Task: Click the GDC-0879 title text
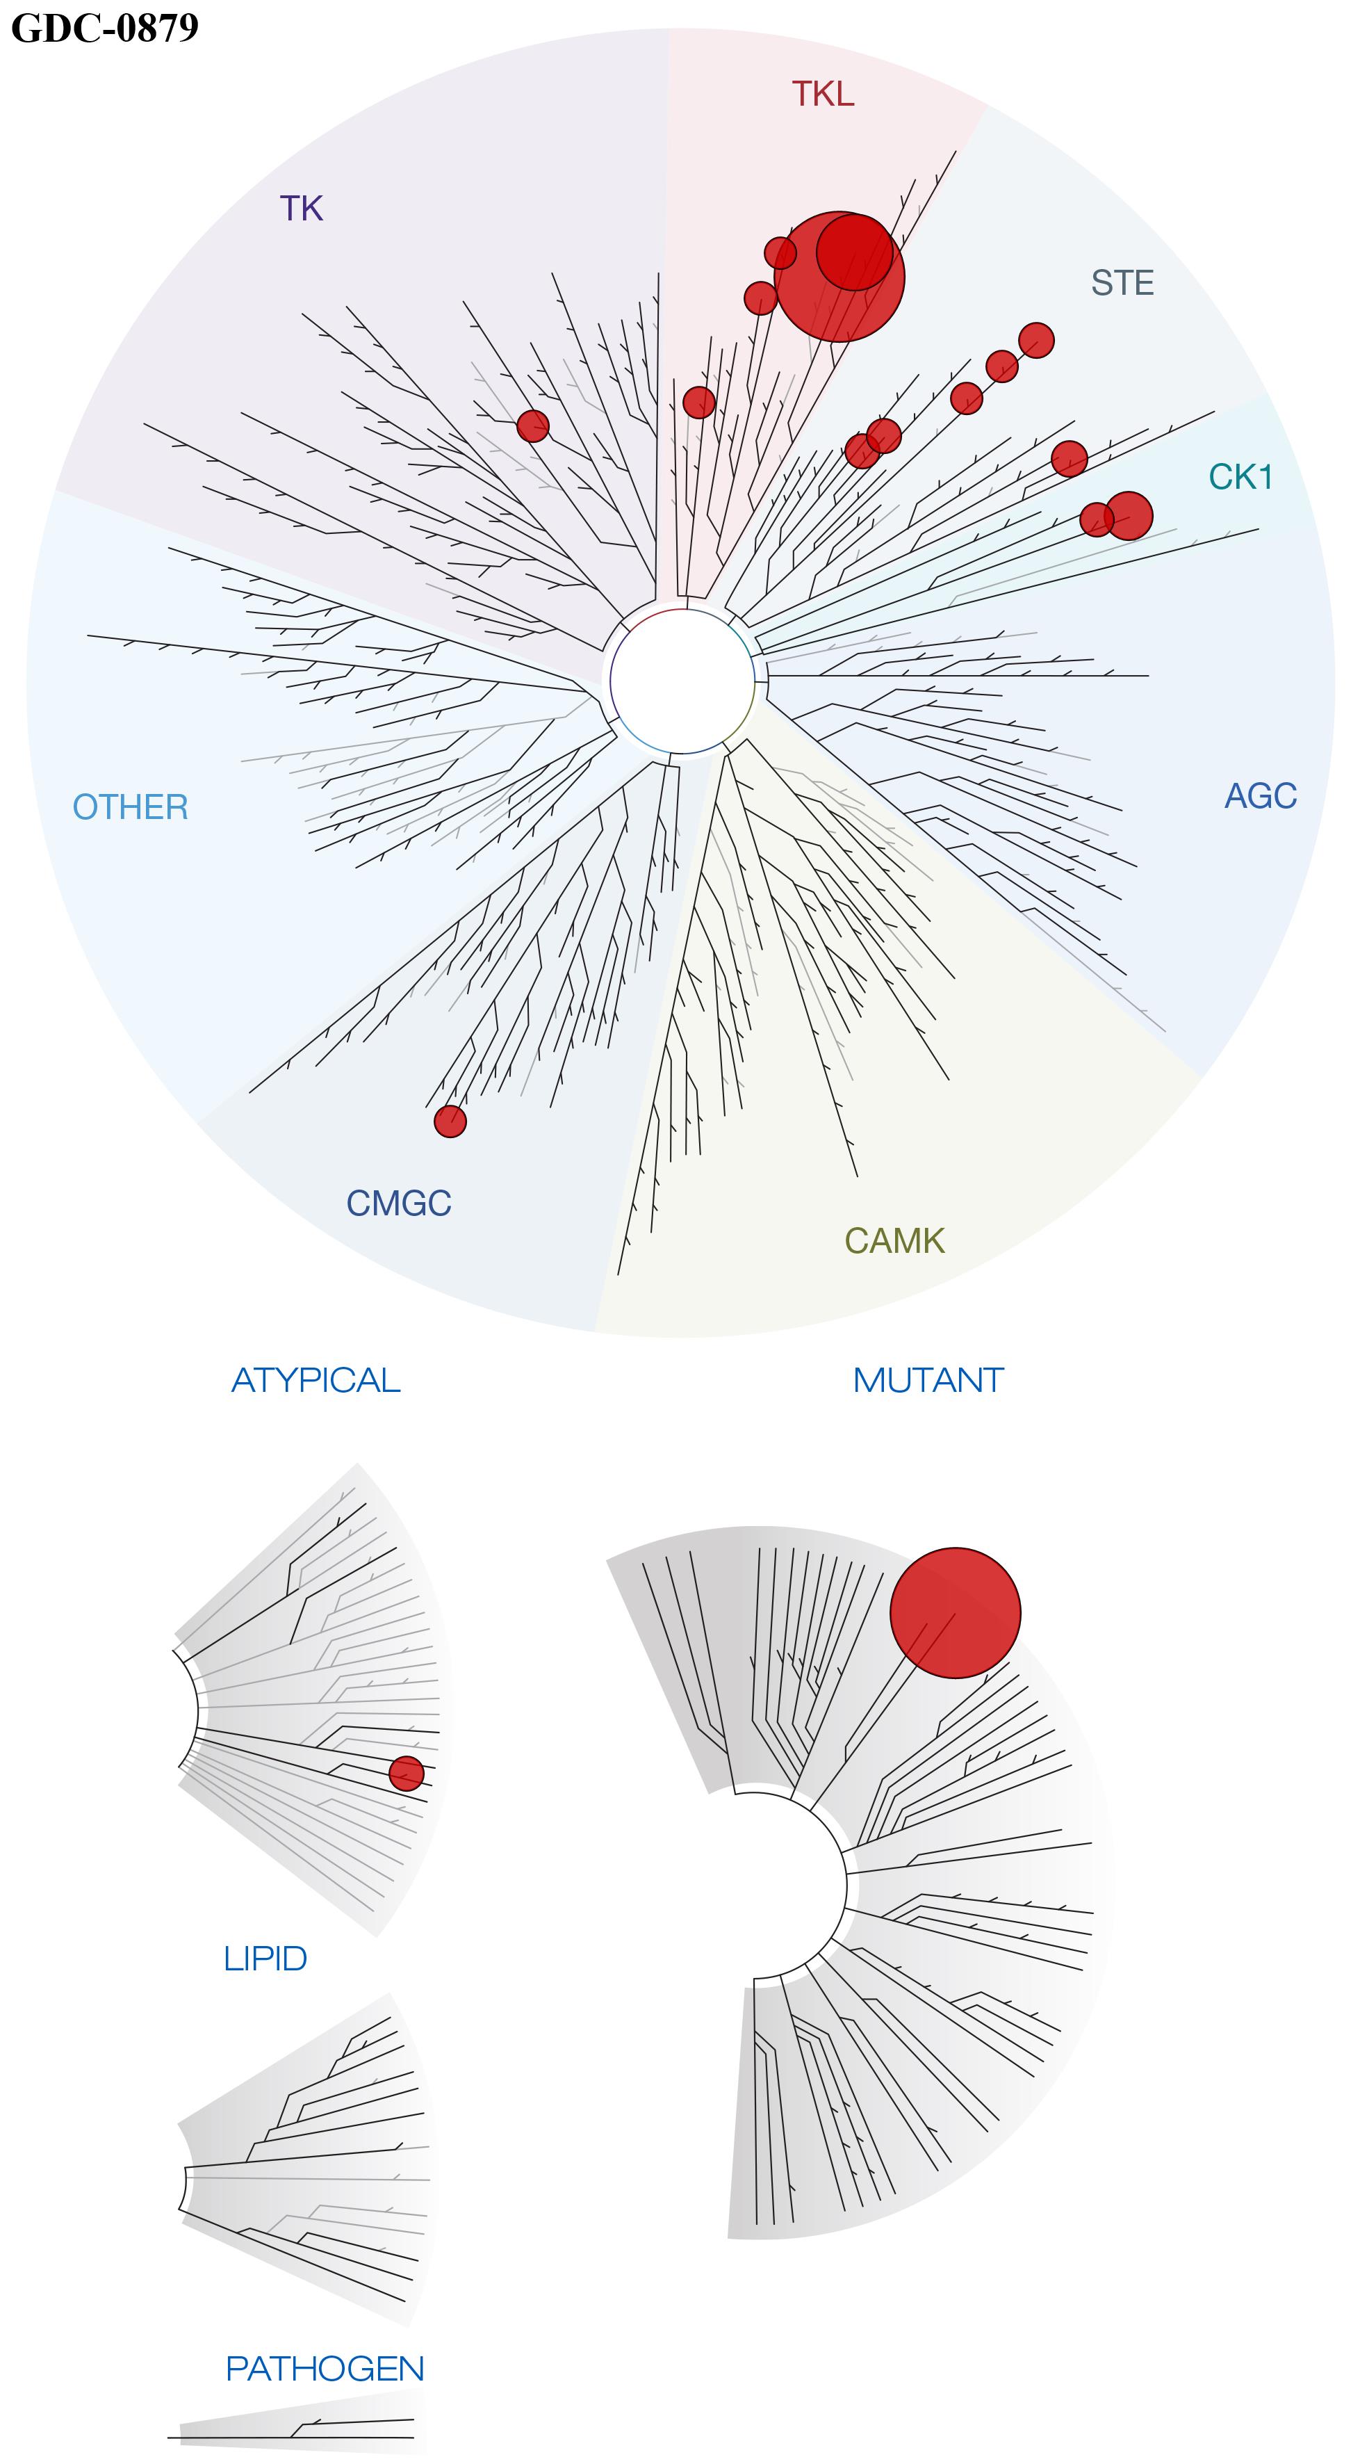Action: coord(105,27)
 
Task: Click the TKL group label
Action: coord(823,94)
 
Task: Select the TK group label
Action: coord(302,209)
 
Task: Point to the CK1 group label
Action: coord(1240,476)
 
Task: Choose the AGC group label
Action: coord(1261,796)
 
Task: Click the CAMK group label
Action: coord(894,1240)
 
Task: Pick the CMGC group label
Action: coord(399,1203)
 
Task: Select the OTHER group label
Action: coord(131,807)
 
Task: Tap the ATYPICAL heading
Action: coord(316,1380)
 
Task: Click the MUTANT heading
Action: coord(928,1380)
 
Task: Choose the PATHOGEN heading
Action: coord(325,2368)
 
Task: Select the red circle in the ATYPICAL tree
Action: coord(406,1774)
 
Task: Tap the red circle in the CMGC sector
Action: coord(450,1121)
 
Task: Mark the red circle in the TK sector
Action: coord(533,425)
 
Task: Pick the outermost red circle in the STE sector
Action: coord(1035,339)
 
